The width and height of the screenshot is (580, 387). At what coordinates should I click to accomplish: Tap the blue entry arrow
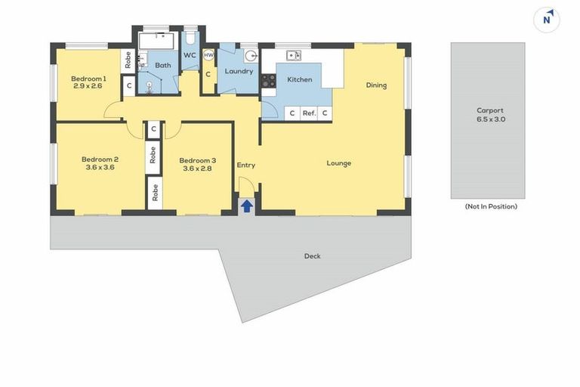pyautogui.click(x=246, y=206)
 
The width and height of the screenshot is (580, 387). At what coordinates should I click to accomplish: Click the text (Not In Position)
pyautogui.click(x=490, y=206)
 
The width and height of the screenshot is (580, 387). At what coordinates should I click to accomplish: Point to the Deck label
pyautogui.click(x=312, y=256)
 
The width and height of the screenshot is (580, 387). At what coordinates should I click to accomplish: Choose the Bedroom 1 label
pyautogui.click(x=88, y=79)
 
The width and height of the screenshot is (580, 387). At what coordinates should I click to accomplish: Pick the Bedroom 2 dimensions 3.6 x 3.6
pyautogui.click(x=100, y=167)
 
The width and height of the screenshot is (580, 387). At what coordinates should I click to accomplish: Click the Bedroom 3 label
pyautogui.click(x=197, y=159)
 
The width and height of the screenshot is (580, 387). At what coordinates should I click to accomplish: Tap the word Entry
pyautogui.click(x=245, y=165)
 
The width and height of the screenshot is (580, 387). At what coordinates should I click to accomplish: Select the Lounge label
pyautogui.click(x=338, y=163)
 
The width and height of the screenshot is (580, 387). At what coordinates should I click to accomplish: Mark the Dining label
pyautogui.click(x=376, y=85)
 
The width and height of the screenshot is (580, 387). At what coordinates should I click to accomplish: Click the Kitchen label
pyautogui.click(x=299, y=79)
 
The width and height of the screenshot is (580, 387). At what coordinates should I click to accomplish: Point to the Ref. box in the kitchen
pyautogui.click(x=308, y=113)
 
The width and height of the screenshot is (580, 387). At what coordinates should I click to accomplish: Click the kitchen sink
pyautogui.click(x=294, y=55)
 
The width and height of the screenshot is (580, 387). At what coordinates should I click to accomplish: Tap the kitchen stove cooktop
pyautogui.click(x=268, y=80)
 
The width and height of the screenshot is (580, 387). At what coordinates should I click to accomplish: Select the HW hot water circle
pyautogui.click(x=208, y=55)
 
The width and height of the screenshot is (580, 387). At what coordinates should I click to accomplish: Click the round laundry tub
pyautogui.click(x=251, y=55)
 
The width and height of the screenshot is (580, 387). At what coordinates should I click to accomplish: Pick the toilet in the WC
pyautogui.click(x=190, y=36)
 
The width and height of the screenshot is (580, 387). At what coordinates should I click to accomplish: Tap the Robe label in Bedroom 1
pyautogui.click(x=128, y=60)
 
